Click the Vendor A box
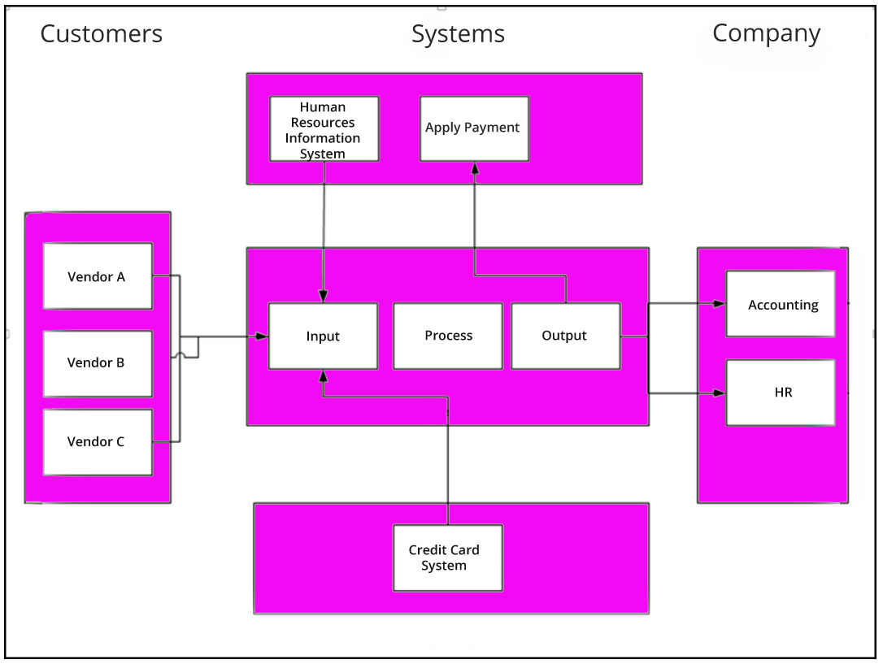click(x=97, y=276)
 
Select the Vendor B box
click(x=97, y=362)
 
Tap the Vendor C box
click(x=97, y=441)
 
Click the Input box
click(x=323, y=336)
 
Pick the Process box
click(x=448, y=336)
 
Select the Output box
click(x=565, y=336)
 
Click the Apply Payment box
click(x=473, y=128)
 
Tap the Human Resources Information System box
click(x=324, y=129)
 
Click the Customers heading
click(x=102, y=34)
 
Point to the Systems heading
click(x=458, y=34)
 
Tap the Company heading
click(x=766, y=33)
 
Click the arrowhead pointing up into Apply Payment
click(x=474, y=167)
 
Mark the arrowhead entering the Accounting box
click(x=719, y=304)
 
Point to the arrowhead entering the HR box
click(x=719, y=393)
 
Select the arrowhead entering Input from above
click(x=324, y=297)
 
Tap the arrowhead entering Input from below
click(x=324, y=375)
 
